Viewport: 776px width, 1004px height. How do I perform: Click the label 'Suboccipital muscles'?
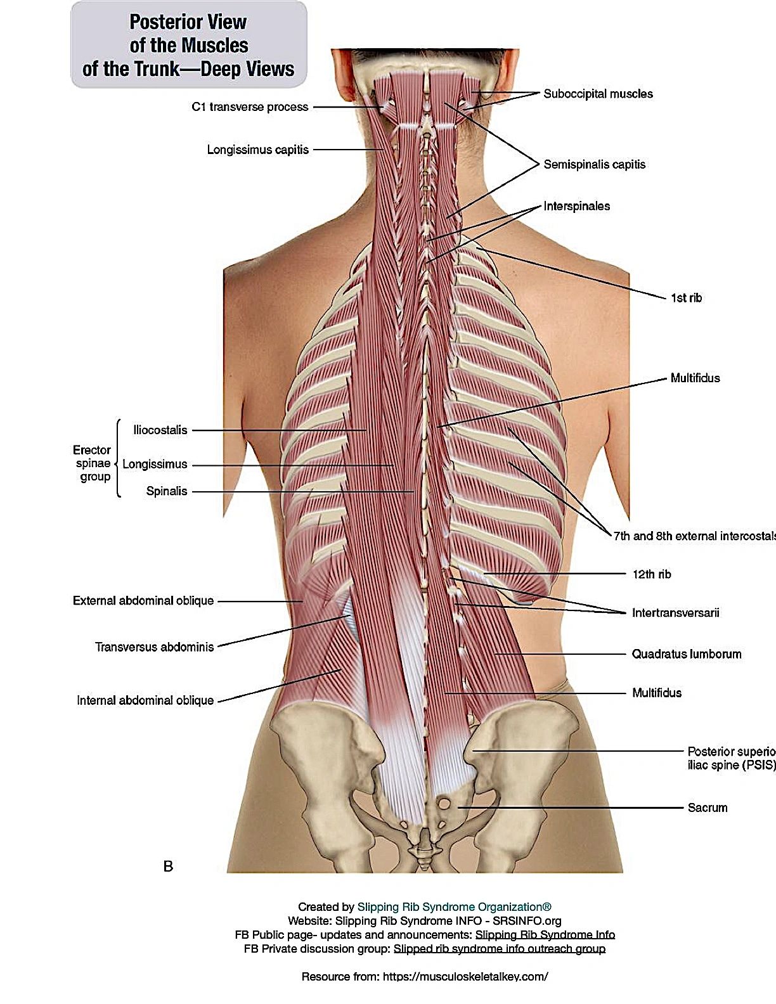click(598, 94)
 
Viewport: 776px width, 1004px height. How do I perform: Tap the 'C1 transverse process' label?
click(250, 106)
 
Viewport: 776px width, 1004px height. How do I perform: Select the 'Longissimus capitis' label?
click(257, 150)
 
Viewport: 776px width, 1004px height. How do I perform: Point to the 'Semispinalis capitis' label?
click(595, 165)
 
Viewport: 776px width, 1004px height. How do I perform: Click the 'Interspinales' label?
click(576, 206)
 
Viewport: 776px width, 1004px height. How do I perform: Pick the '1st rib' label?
click(686, 298)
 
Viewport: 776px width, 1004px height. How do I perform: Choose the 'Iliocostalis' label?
click(160, 430)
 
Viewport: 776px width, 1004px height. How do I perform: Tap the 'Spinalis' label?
click(166, 491)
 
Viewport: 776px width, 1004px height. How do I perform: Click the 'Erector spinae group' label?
click(93, 463)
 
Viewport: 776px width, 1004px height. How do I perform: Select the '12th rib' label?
click(651, 574)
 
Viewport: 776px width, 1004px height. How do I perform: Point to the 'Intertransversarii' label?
click(675, 613)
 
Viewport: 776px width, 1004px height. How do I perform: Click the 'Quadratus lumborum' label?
click(687, 654)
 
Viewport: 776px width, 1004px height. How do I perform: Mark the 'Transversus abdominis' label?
click(154, 647)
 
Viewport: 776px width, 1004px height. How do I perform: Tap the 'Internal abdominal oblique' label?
click(145, 700)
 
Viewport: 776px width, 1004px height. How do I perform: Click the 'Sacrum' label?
click(707, 808)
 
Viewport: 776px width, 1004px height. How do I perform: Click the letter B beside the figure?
click(168, 866)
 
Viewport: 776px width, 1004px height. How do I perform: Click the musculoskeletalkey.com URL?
click(465, 976)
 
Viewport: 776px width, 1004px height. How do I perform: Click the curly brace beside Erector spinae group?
click(119, 458)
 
